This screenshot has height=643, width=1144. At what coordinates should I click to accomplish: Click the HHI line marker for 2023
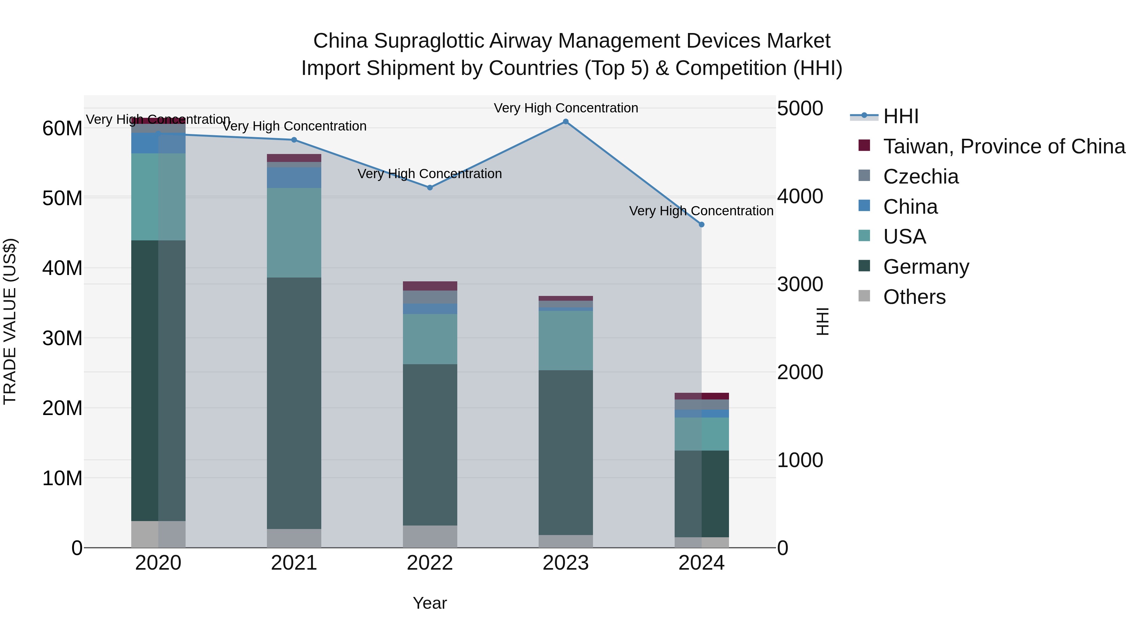click(565, 122)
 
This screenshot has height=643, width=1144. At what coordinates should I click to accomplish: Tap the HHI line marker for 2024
click(701, 224)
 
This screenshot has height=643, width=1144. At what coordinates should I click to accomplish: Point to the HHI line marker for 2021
click(294, 140)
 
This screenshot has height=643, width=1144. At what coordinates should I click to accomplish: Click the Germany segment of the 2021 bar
click(294, 403)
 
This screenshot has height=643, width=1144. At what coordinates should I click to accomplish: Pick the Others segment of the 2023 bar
click(565, 541)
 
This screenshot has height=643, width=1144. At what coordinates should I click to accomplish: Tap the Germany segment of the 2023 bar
click(565, 452)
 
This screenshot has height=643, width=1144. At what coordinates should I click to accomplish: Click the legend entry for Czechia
click(920, 177)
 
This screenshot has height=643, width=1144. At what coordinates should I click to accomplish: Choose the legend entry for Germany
click(925, 267)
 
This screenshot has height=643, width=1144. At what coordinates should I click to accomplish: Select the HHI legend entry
click(901, 116)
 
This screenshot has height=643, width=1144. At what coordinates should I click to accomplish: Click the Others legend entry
click(914, 297)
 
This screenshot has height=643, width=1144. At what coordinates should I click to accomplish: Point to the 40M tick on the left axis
click(62, 268)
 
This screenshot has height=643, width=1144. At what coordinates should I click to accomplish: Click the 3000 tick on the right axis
click(800, 285)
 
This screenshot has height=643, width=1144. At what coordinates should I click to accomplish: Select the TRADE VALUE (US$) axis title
click(10, 321)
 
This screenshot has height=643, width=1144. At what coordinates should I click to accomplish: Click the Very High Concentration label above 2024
click(701, 211)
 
